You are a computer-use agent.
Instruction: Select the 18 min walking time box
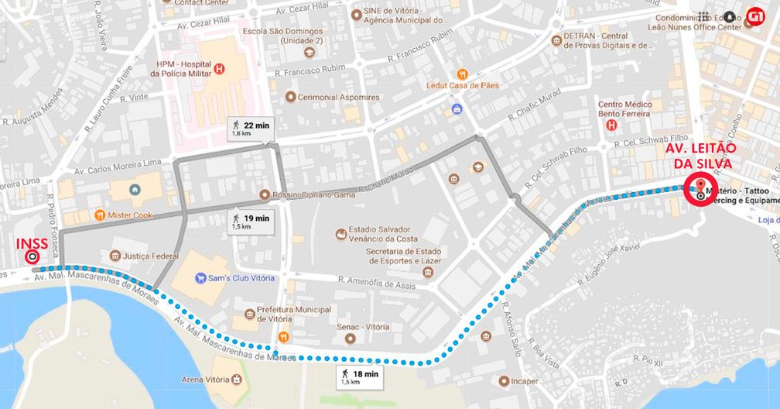(x=360, y=377)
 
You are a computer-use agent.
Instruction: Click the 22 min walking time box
(x=251, y=129)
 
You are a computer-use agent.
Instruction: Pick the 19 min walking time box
(x=251, y=222)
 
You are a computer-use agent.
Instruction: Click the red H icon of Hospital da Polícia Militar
(x=219, y=69)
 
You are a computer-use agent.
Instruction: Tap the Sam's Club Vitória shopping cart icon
(x=200, y=277)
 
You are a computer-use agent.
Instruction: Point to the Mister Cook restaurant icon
(x=99, y=215)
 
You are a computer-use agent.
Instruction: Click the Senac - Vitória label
(x=363, y=327)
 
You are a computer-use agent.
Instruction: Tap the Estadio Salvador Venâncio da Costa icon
(x=340, y=234)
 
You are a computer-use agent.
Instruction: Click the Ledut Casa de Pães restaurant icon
(x=462, y=74)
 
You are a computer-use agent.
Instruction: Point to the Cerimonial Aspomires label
(x=339, y=98)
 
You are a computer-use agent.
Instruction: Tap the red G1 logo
(x=755, y=15)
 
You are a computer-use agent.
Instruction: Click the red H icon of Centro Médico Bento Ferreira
(x=611, y=125)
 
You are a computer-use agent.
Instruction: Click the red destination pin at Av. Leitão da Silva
(x=701, y=187)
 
